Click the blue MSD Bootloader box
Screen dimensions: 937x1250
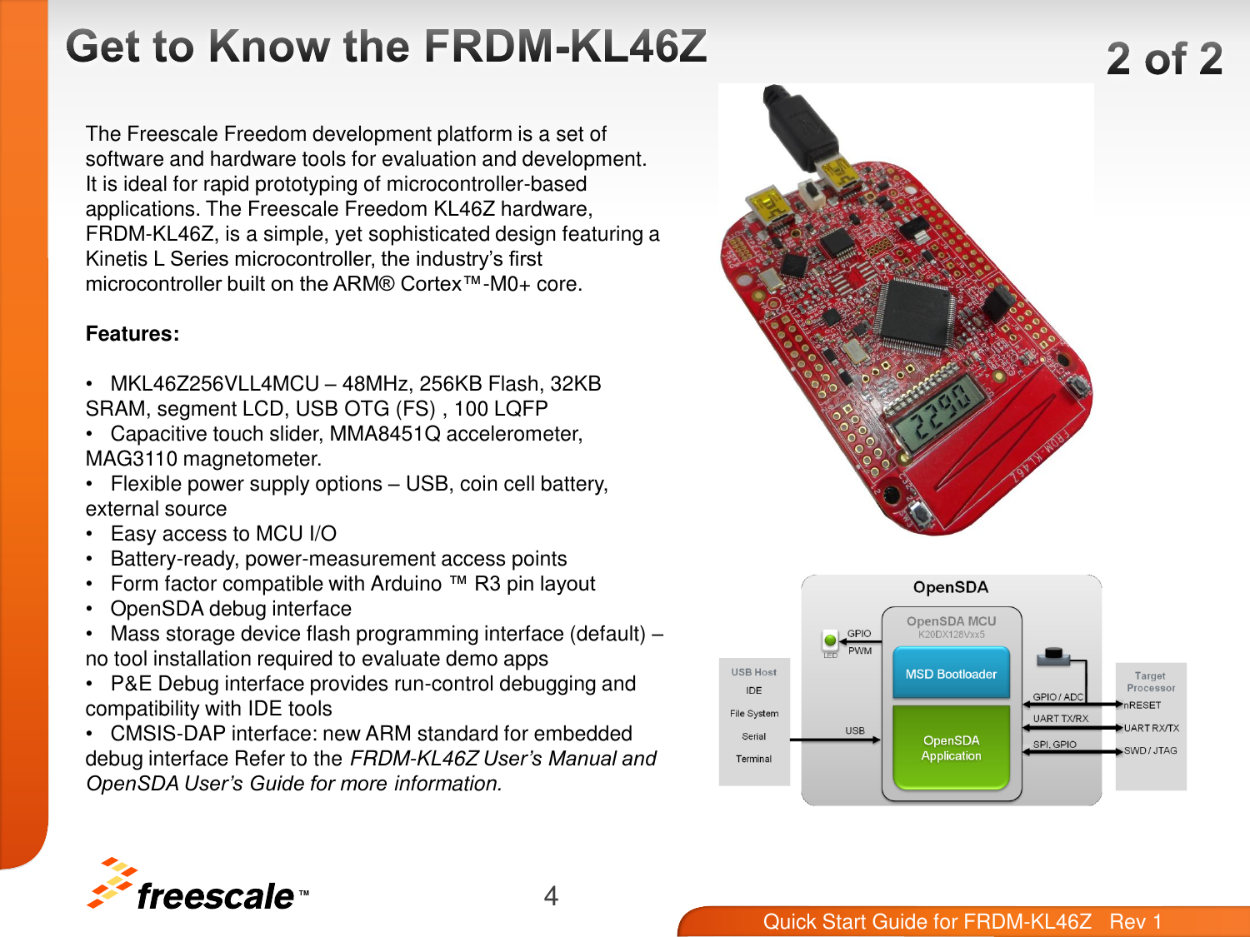(x=951, y=674)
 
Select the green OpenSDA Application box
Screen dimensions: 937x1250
(x=951, y=747)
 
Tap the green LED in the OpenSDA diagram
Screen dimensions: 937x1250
(x=830, y=640)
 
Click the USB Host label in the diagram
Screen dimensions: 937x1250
(x=753, y=672)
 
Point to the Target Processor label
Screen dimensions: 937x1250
(x=1150, y=682)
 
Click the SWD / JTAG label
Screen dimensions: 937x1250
(x=1150, y=750)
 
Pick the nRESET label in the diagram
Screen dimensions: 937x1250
(x=1142, y=705)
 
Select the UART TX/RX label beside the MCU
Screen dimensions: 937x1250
(x=1060, y=719)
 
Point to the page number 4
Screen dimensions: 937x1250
(x=551, y=895)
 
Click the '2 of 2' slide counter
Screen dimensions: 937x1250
(x=1164, y=59)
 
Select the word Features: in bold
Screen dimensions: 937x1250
(x=132, y=334)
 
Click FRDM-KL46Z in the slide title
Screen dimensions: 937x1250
(x=566, y=47)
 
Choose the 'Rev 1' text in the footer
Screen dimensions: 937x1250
(x=1135, y=921)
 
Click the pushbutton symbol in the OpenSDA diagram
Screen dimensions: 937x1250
(x=1053, y=657)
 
